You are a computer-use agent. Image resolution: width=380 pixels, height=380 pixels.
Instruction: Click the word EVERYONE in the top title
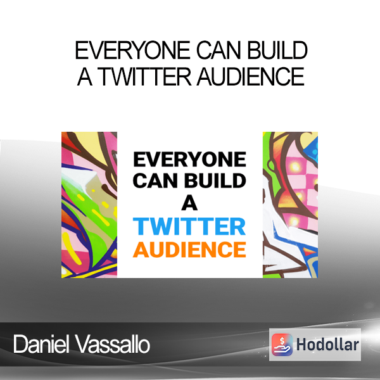132,50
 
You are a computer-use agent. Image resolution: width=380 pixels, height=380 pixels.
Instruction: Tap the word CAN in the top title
218,50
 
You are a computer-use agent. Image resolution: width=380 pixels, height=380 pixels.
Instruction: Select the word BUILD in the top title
277,50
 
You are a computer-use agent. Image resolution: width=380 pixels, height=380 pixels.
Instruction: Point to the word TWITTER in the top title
144,77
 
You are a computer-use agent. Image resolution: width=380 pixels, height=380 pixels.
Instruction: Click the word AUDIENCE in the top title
251,77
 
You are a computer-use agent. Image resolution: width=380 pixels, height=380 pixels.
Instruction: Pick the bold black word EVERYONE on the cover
189,159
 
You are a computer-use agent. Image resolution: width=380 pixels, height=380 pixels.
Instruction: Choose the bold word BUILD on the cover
215,180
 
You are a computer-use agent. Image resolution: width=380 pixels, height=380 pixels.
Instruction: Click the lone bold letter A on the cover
189,203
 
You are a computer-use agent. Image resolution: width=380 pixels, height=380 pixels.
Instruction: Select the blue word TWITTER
189,226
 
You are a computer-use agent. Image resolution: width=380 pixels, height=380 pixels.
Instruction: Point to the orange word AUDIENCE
189,250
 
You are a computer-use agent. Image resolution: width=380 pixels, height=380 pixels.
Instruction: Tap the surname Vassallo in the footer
113,344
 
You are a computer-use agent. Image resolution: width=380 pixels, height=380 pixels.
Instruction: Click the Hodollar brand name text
327,345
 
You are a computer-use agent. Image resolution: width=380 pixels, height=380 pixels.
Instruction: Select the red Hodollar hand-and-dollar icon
282,345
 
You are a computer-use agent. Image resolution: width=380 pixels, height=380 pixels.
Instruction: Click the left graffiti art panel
89,205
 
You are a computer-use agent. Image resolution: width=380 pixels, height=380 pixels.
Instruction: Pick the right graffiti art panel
290,205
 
